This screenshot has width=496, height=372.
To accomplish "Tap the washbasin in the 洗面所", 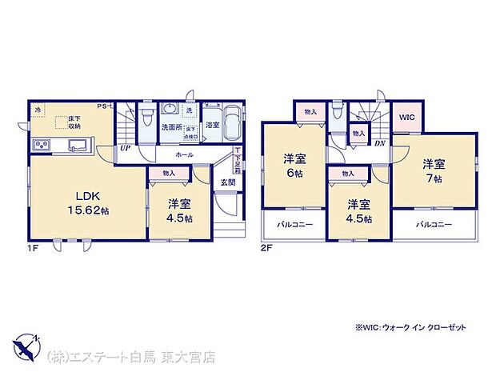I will tap(170, 110).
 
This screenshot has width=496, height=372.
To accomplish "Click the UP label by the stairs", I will tap(126, 148).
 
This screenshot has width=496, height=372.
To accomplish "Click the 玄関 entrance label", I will tap(227, 182).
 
